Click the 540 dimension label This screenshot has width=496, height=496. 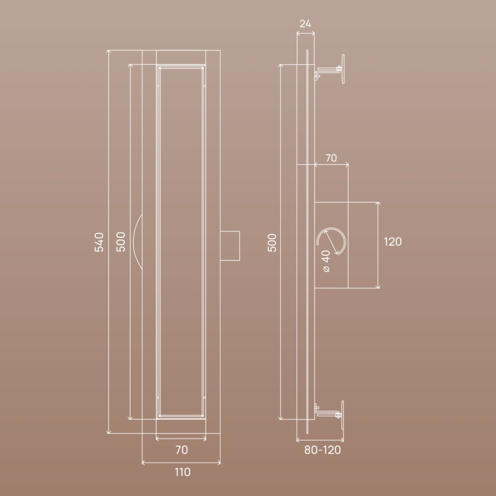(x=99, y=242)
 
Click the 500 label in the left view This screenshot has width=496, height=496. (x=121, y=242)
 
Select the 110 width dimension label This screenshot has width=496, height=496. (x=183, y=472)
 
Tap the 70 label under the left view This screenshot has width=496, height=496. (x=182, y=450)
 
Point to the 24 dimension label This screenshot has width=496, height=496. (x=305, y=24)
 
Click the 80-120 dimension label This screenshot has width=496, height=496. (x=322, y=450)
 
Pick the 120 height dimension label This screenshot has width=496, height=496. (x=393, y=242)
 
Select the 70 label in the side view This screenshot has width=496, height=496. (x=331, y=158)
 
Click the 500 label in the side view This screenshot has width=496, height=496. (x=272, y=243)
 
